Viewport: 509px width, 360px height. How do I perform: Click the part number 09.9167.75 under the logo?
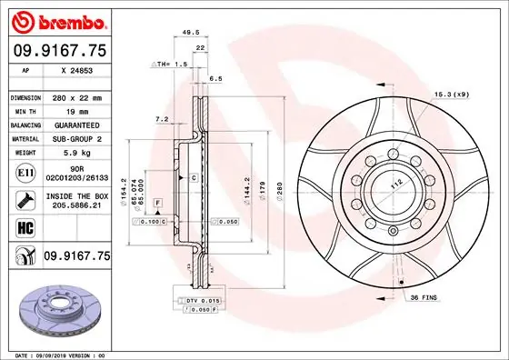pos(59,52)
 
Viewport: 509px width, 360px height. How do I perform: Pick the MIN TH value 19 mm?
pos(77,111)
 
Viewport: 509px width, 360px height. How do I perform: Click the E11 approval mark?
pos(25,171)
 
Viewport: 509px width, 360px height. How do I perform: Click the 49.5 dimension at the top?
pos(191,31)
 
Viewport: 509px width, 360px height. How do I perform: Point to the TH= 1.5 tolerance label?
pos(172,65)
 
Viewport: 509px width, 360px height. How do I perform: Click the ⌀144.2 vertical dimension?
pos(246,187)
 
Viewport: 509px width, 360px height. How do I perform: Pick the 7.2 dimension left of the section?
pos(161,118)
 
